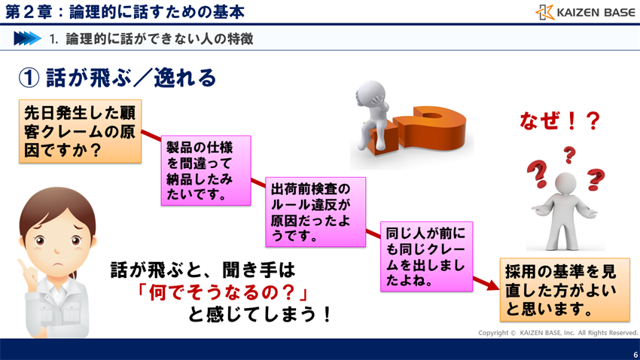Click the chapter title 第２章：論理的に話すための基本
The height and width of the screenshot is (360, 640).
pyautogui.click(x=124, y=12)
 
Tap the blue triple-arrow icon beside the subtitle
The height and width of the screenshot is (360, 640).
pyautogui.click(x=27, y=38)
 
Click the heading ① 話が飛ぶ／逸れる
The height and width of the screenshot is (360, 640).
pyautogui.click(x=117, y=77)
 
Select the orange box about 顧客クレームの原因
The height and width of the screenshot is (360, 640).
pyautogui.click(x=80, y=131)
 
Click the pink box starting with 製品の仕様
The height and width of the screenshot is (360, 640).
pyautogui.click(x=206, y=170)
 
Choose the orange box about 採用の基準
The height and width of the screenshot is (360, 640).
pyautogui.click(x=565, y=290)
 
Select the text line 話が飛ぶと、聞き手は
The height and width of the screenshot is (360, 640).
pyautogui.click(x=203, y=269)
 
